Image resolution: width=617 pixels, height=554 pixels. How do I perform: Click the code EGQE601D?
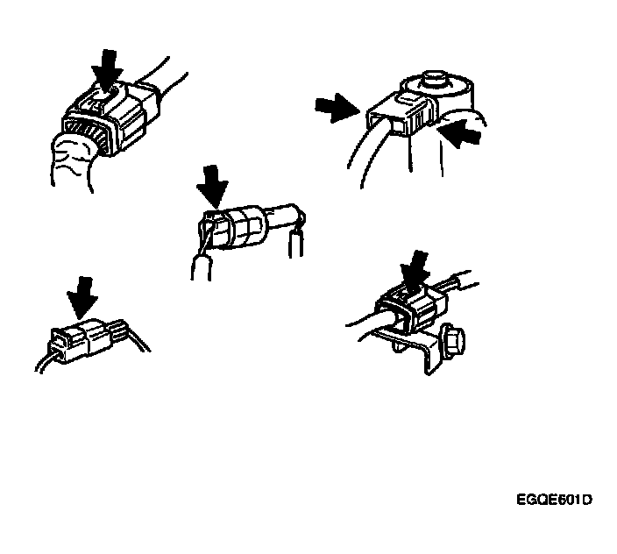[x=554, y=500]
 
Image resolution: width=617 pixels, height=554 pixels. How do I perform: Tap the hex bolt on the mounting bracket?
[x=453, y=340]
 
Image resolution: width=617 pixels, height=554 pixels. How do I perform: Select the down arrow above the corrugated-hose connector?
[x=107, y=70]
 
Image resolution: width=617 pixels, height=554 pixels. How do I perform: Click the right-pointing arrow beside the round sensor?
[x=337, y=108]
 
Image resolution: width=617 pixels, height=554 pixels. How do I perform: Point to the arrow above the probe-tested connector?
[x=212, y=187]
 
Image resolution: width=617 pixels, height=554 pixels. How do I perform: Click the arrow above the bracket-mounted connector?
[x=415, y=272]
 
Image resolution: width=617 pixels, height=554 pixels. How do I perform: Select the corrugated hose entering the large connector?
[x=73, y=161]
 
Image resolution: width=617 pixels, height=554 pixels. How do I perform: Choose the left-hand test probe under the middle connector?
[x=202, y=267]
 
